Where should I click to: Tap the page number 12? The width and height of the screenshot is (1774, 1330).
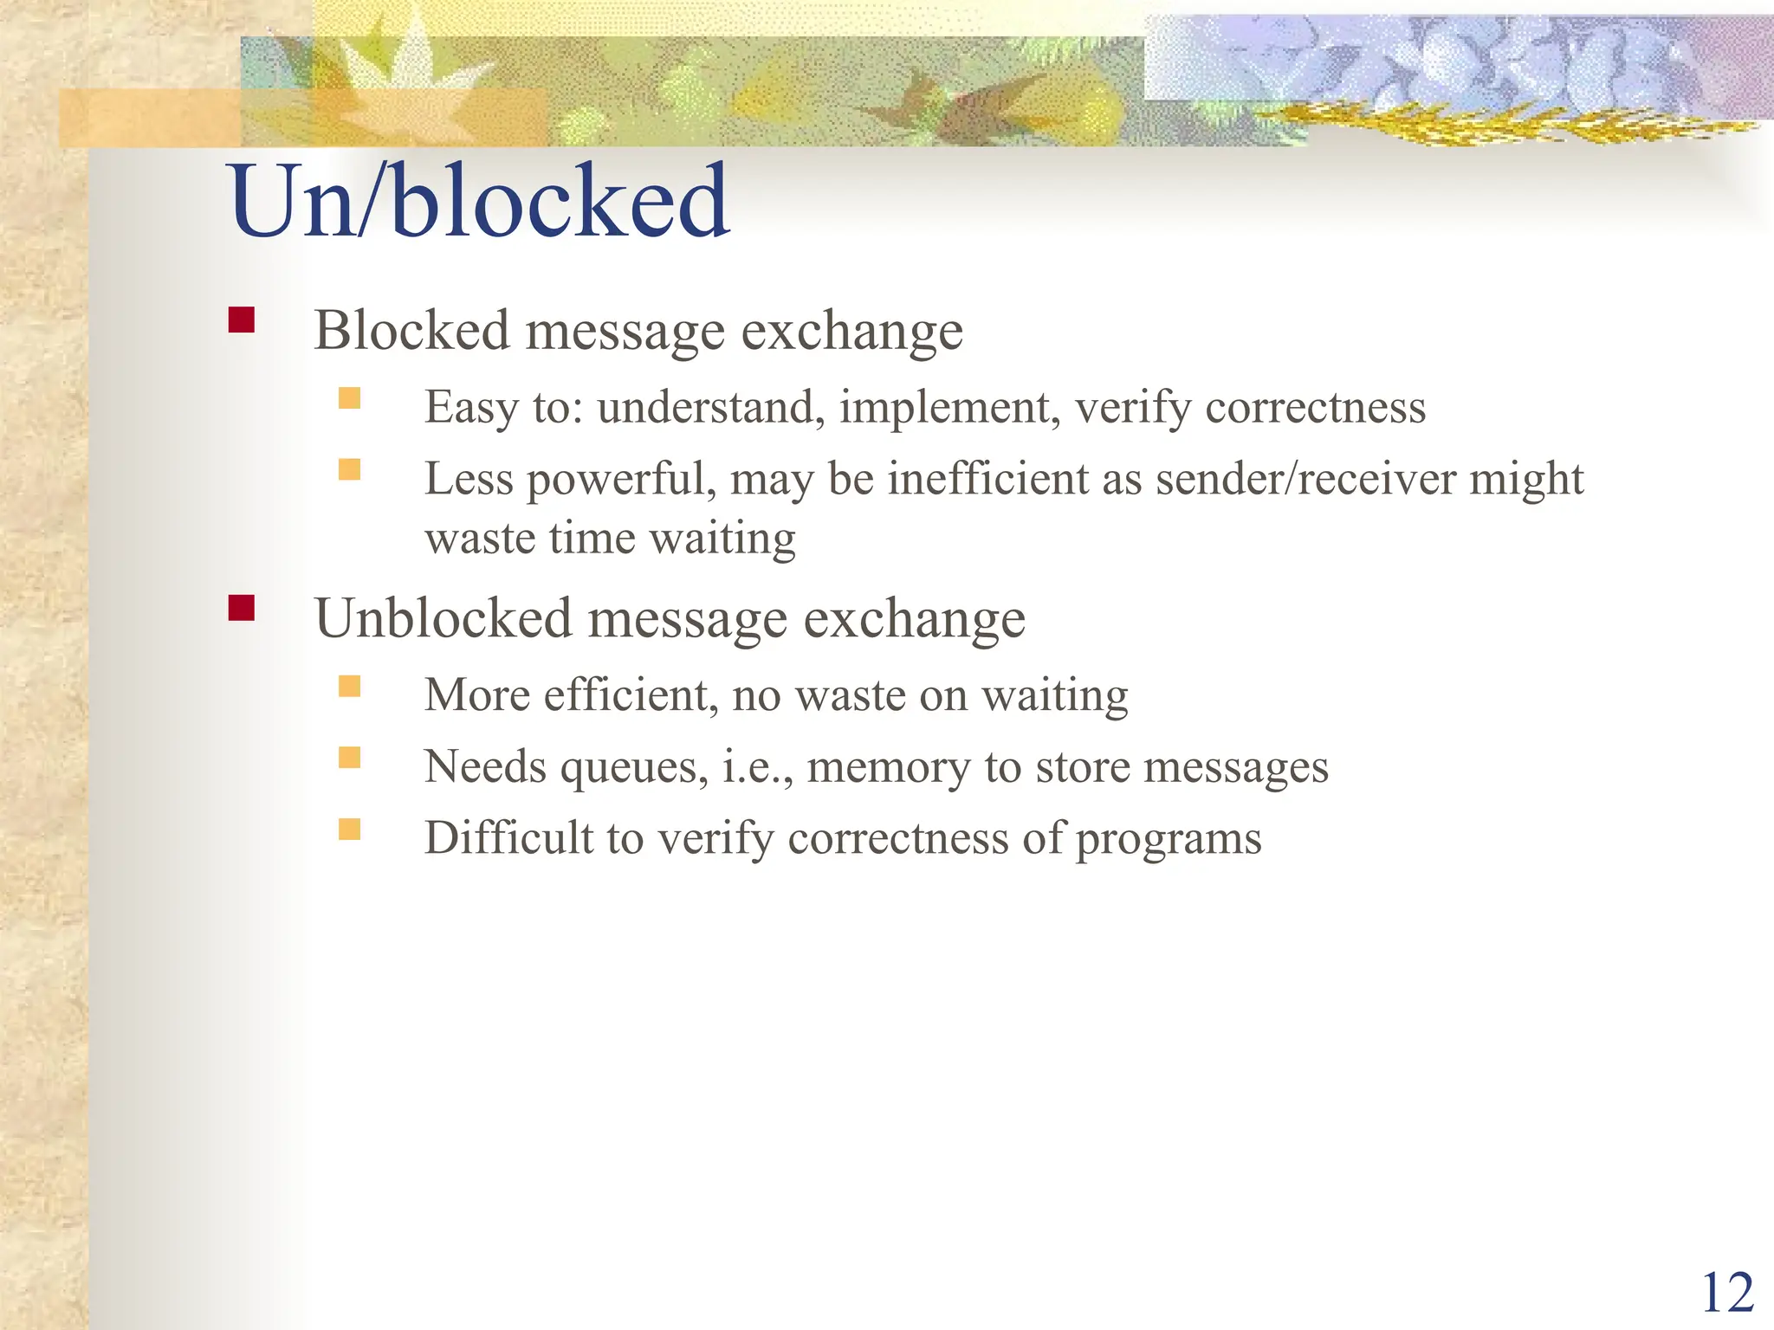(1727, 1294)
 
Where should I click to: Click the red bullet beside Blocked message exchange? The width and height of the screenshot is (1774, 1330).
(242, 320)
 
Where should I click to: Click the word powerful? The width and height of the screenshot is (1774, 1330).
(621, 481)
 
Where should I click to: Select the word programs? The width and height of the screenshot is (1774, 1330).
(1169, 839)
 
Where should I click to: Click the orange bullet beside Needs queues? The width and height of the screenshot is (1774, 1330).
(349, 758)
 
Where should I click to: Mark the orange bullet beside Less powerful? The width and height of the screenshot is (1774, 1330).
(349, 469)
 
